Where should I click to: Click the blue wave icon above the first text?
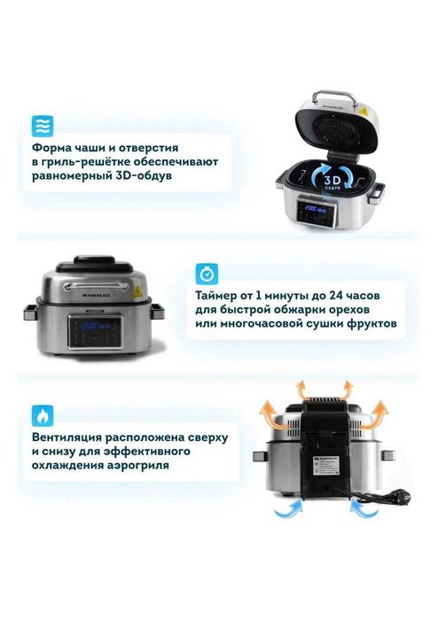[43, 124]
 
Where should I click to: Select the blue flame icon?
[43, 414]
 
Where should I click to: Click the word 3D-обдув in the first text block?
[143, 175]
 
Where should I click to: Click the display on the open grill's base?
[314, 209]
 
